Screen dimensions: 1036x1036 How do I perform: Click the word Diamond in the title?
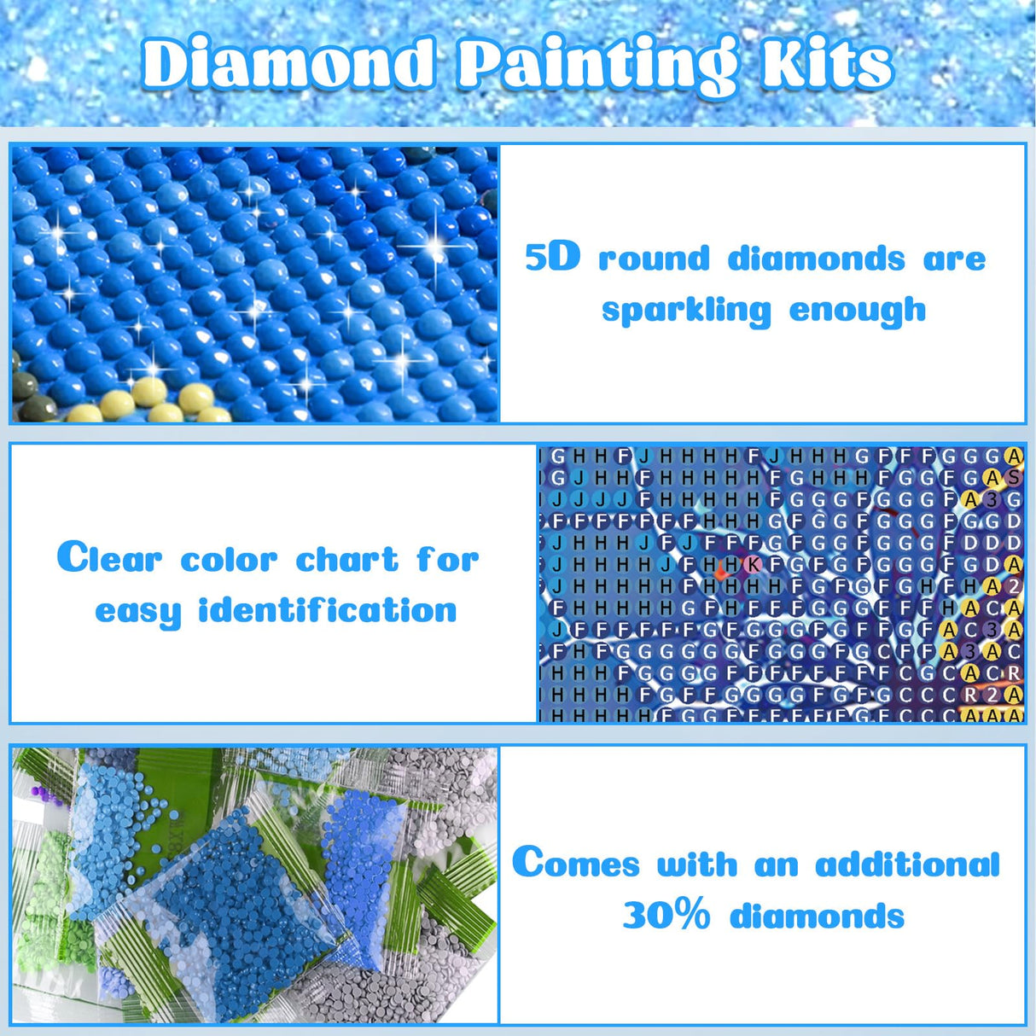click(288, 64)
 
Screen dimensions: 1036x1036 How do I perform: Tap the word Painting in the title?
click(596, 64)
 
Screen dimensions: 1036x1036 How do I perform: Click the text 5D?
click(552, 257)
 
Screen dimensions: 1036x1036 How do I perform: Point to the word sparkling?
click(686, 310)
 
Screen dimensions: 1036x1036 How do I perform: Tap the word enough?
click(857, 310)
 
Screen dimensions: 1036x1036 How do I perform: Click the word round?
click(654, 258)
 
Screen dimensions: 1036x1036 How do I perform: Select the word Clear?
click(109, 559)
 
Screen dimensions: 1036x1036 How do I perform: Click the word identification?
click(328, 610)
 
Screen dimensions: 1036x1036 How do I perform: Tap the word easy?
click(138, 612)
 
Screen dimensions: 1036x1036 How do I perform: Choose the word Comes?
click(576, 864)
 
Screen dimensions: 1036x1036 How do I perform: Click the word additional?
click(907, 864)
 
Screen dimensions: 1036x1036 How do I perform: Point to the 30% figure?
click(666, 916)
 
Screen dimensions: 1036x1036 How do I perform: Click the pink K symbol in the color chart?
click(753, 564)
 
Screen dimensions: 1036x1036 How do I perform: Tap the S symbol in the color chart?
click(1014, 477)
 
